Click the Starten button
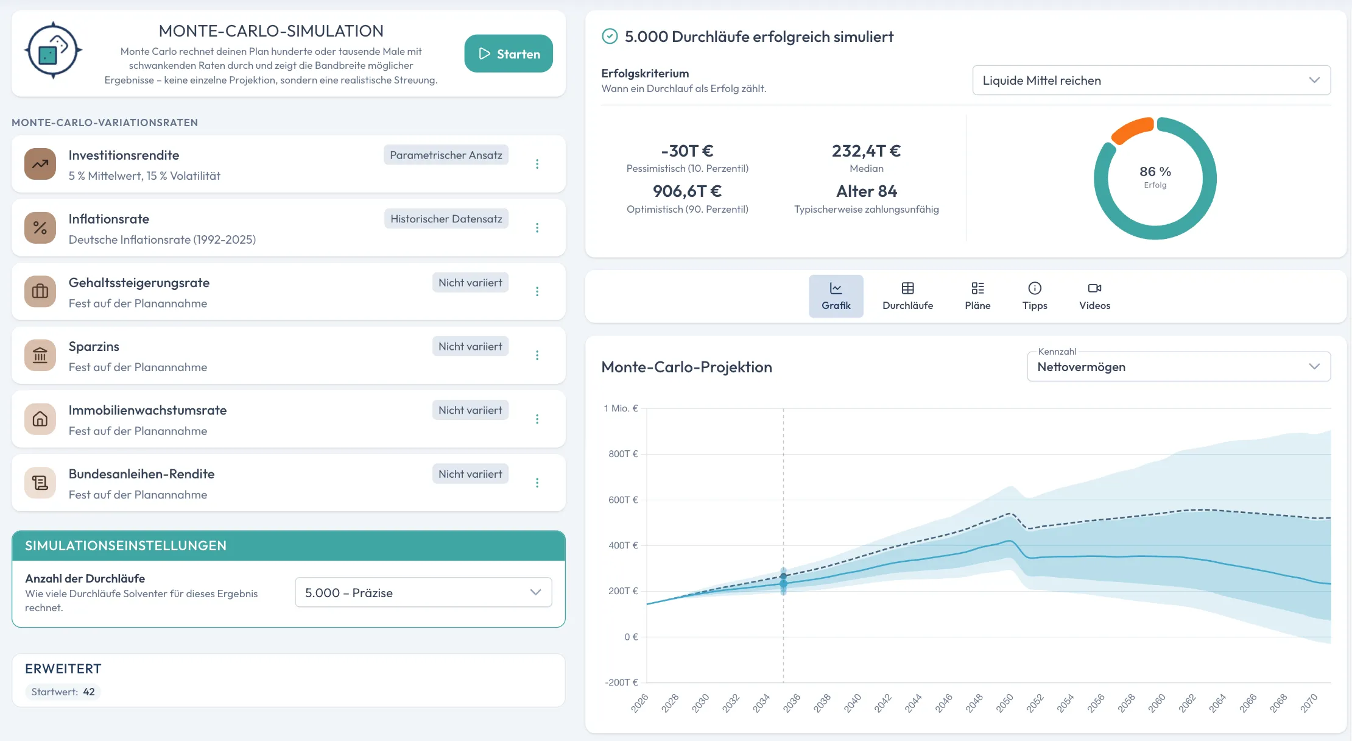(x=509, y=54)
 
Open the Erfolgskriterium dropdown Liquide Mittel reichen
(x=1151, y=80)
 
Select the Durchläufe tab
(x=907, y=296)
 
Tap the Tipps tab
(x=1035, y=296)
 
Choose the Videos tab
(x=1094, y=296)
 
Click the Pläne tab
(x=977, y=296)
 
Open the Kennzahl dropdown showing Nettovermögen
(x=1178, y=367)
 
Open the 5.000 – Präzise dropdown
(x=423, y=592)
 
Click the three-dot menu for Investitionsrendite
(x=537, y=164)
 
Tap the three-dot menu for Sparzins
(x=537, y=355)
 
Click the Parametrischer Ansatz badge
(x=446, y=155)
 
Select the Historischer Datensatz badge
(x=446, y=219)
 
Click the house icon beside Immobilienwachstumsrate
(x=40, y=419)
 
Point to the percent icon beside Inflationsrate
(x=40, y=228)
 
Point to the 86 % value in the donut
(x=1155, y=172)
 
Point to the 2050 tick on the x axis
(x=1004, y=703)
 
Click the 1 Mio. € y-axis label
(x=621, y=408)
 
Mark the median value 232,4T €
(x=866, y=151)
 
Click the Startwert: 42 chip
(x=63, y=692)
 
